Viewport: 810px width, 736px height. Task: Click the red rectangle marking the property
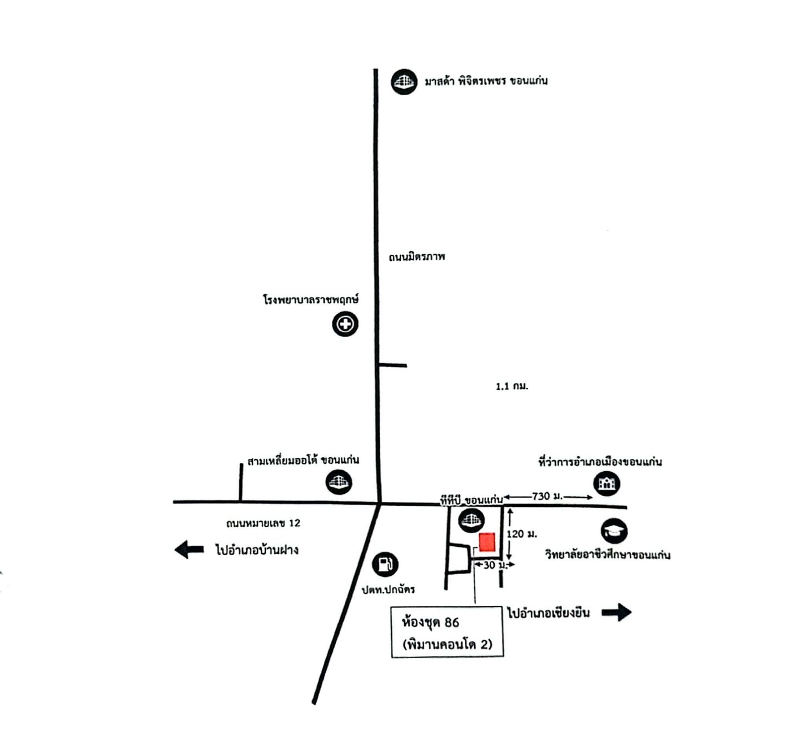pos(487,542)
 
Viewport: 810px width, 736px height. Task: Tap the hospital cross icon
pos(345,324)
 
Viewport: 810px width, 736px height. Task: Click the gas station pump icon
pos(385,564)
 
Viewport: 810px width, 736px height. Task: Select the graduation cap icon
pos(614,531)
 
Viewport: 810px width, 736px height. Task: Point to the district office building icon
pos(607,483)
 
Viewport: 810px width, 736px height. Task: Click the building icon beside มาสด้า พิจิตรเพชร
pos(404,82)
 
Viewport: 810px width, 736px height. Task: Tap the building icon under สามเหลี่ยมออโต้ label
pos(339,482)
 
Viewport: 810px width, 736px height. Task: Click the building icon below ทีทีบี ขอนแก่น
pos(471,520)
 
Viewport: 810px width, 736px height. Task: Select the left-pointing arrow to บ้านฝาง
pos(189,550)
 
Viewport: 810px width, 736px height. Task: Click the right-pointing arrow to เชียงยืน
pos(617,612)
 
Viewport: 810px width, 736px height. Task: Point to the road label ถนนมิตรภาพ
pos(417,256)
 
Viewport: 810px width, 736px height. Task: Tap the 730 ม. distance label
pos(547,496)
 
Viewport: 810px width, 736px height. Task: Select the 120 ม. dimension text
pos(521,534)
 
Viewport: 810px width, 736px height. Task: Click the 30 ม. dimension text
pos(495,565)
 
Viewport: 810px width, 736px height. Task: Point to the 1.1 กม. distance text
pos(512,386)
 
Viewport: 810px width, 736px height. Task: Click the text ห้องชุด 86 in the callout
pos(430,622)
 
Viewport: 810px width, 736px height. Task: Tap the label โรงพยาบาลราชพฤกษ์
pos(311,300)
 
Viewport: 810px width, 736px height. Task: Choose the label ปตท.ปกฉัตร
pos(389,589)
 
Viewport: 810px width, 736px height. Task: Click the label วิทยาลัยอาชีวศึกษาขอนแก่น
pos(608,555)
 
